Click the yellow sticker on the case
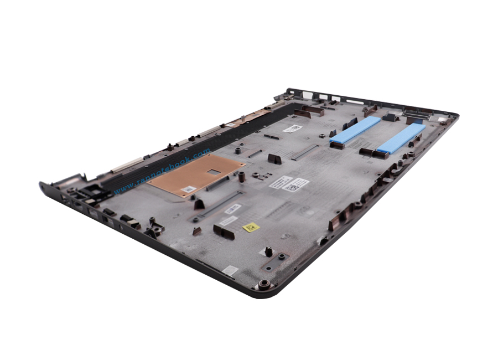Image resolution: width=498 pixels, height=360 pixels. point(251,227)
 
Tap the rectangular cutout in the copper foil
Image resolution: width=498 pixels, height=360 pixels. point(214,172)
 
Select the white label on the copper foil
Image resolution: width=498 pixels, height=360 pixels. point(189,189)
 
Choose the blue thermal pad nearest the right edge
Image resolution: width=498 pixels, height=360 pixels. point(401,138)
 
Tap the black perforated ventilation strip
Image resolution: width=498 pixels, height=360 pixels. point(221,133)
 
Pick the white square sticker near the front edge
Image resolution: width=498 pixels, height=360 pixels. point(230,270)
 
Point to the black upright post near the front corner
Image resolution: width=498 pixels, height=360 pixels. point(268,251)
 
